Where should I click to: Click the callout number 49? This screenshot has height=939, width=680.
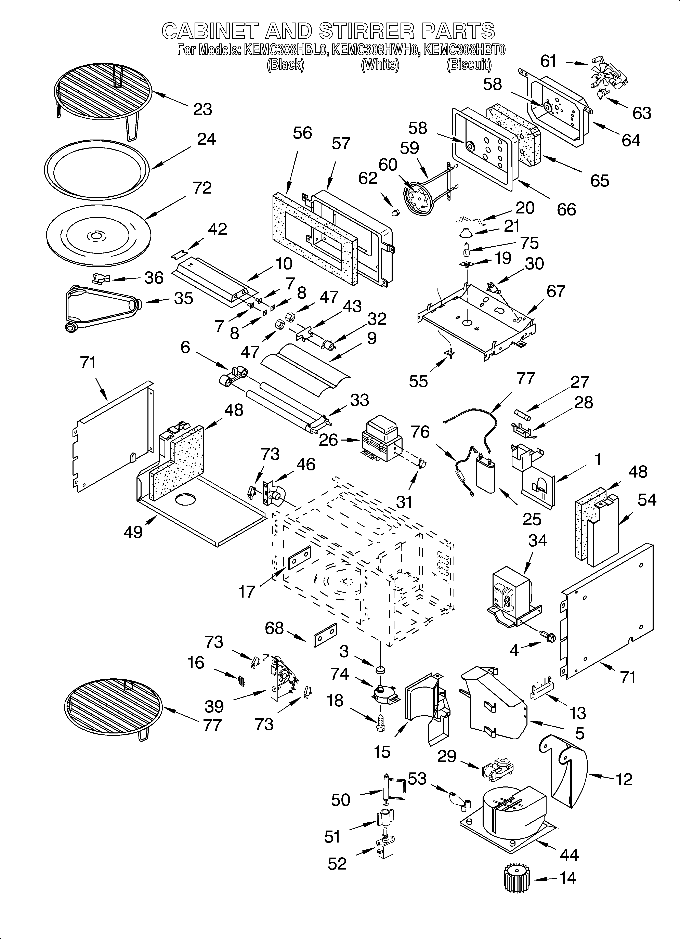click(x=133, y=532)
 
